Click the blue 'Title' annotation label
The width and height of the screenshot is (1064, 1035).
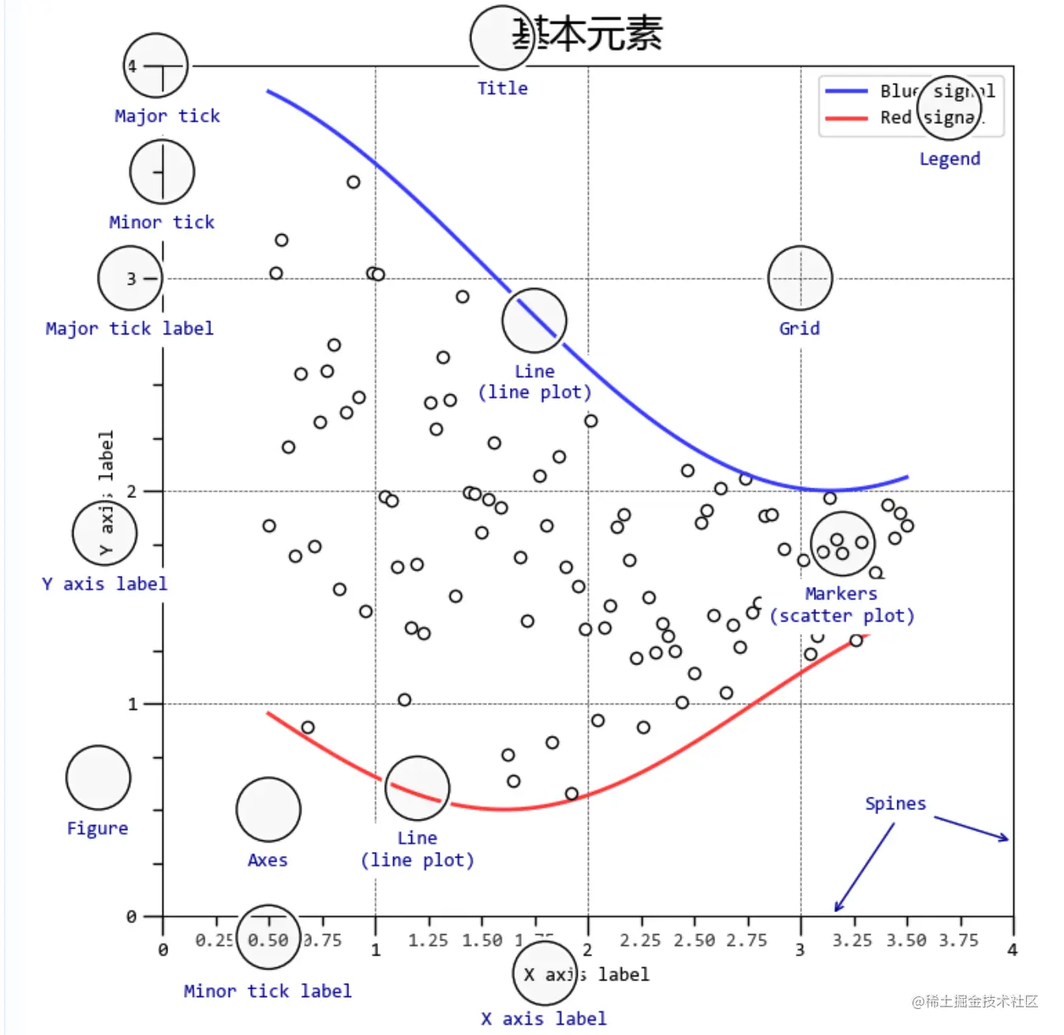502,88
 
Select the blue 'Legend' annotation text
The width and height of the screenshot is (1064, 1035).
950,159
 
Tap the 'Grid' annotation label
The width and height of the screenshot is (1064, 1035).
800,328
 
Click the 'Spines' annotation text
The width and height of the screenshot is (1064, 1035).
895,803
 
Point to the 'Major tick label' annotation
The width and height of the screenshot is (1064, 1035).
129,328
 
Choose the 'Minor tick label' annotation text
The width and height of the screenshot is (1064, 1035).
268,991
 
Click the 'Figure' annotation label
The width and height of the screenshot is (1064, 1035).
97,828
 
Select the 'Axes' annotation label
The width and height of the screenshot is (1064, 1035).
268,860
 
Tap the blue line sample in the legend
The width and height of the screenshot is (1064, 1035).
846,92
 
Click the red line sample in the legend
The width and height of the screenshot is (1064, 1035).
846,118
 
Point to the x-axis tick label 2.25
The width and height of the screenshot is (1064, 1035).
640,940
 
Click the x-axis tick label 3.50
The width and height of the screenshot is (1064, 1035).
906,940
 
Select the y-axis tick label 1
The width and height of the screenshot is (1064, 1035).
133,704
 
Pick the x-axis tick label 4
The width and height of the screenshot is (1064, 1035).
1013,950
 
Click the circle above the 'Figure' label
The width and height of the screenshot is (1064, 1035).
98,778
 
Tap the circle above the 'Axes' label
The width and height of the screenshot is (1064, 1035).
268,809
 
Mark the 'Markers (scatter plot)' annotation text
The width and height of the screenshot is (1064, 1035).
842,605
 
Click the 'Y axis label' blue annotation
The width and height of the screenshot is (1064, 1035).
105,584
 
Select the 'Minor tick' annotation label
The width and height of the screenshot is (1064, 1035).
162,222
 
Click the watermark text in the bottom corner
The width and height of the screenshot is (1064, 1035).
975,1001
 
